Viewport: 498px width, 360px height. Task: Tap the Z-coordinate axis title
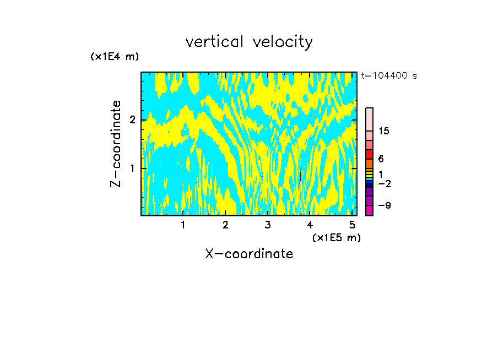[x=116, y=144]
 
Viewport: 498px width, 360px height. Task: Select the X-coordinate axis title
[x=249, y=254]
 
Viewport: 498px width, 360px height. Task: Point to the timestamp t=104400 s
[x=389, y=76]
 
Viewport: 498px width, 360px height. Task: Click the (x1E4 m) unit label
[x=115, y=57]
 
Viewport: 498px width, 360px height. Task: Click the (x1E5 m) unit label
[x=336, y=237]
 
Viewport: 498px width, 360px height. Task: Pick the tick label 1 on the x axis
[x=183, y=225]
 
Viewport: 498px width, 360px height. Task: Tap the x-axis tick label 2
[x=225, y=225]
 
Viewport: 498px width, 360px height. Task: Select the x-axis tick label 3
[x=268, y=225]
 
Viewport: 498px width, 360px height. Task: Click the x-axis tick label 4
[x=310, y=225]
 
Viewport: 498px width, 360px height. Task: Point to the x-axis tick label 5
[x=352, y=225]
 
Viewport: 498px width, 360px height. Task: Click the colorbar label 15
[x=384, y=131]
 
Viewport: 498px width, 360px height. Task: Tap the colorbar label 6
[x=381, y=159]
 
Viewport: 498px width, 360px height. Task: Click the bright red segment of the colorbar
[x=370, y=154]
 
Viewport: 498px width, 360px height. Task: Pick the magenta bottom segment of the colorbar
[x=370, y=210]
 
